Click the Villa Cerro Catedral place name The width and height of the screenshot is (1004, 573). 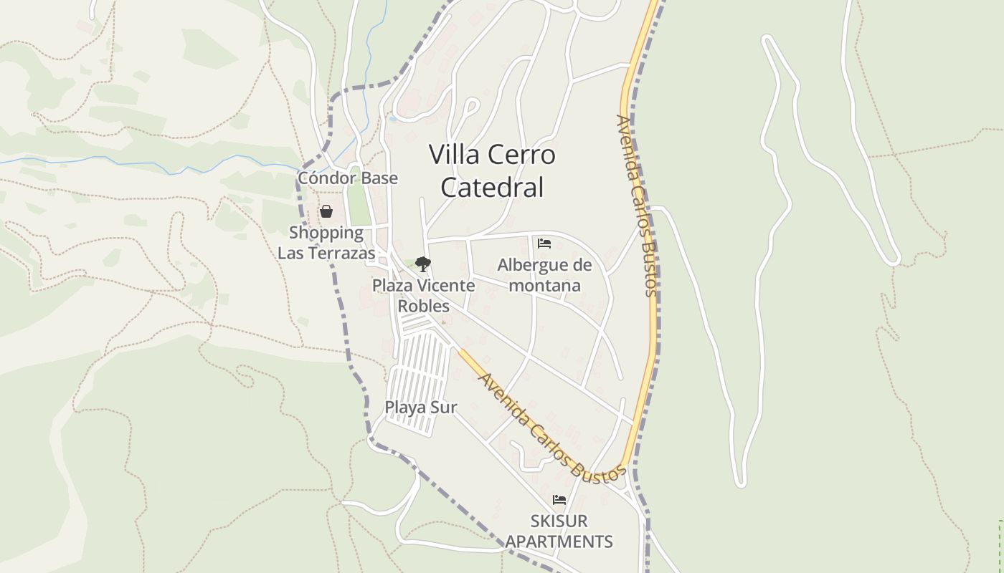(x=492, y=170)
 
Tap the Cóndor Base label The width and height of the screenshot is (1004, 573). (x=348, y=178)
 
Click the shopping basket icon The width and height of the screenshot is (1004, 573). (x=326, y=211)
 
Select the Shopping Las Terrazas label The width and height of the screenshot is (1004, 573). (x=326, y=243)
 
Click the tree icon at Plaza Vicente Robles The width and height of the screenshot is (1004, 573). (x=423, y=264)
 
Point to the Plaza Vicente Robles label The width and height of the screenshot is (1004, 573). (x=423, y=295)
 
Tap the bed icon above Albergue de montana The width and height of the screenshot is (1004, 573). (x=544, y=244)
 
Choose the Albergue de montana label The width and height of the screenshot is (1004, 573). (x=545, y=275)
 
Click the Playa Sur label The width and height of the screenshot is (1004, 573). (x=421, y=408)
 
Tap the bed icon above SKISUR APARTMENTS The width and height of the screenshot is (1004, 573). (x=559, y=500)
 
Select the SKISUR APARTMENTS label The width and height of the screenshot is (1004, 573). (x=559, y=531)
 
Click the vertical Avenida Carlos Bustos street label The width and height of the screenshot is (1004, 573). (x=637, y=206)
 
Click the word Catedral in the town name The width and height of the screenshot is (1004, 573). (x=492, y=188)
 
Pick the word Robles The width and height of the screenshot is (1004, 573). (x=424, y=306)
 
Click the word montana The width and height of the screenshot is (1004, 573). (x=545, y=285)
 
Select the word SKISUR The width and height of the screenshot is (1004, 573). (x=559, y=521)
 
